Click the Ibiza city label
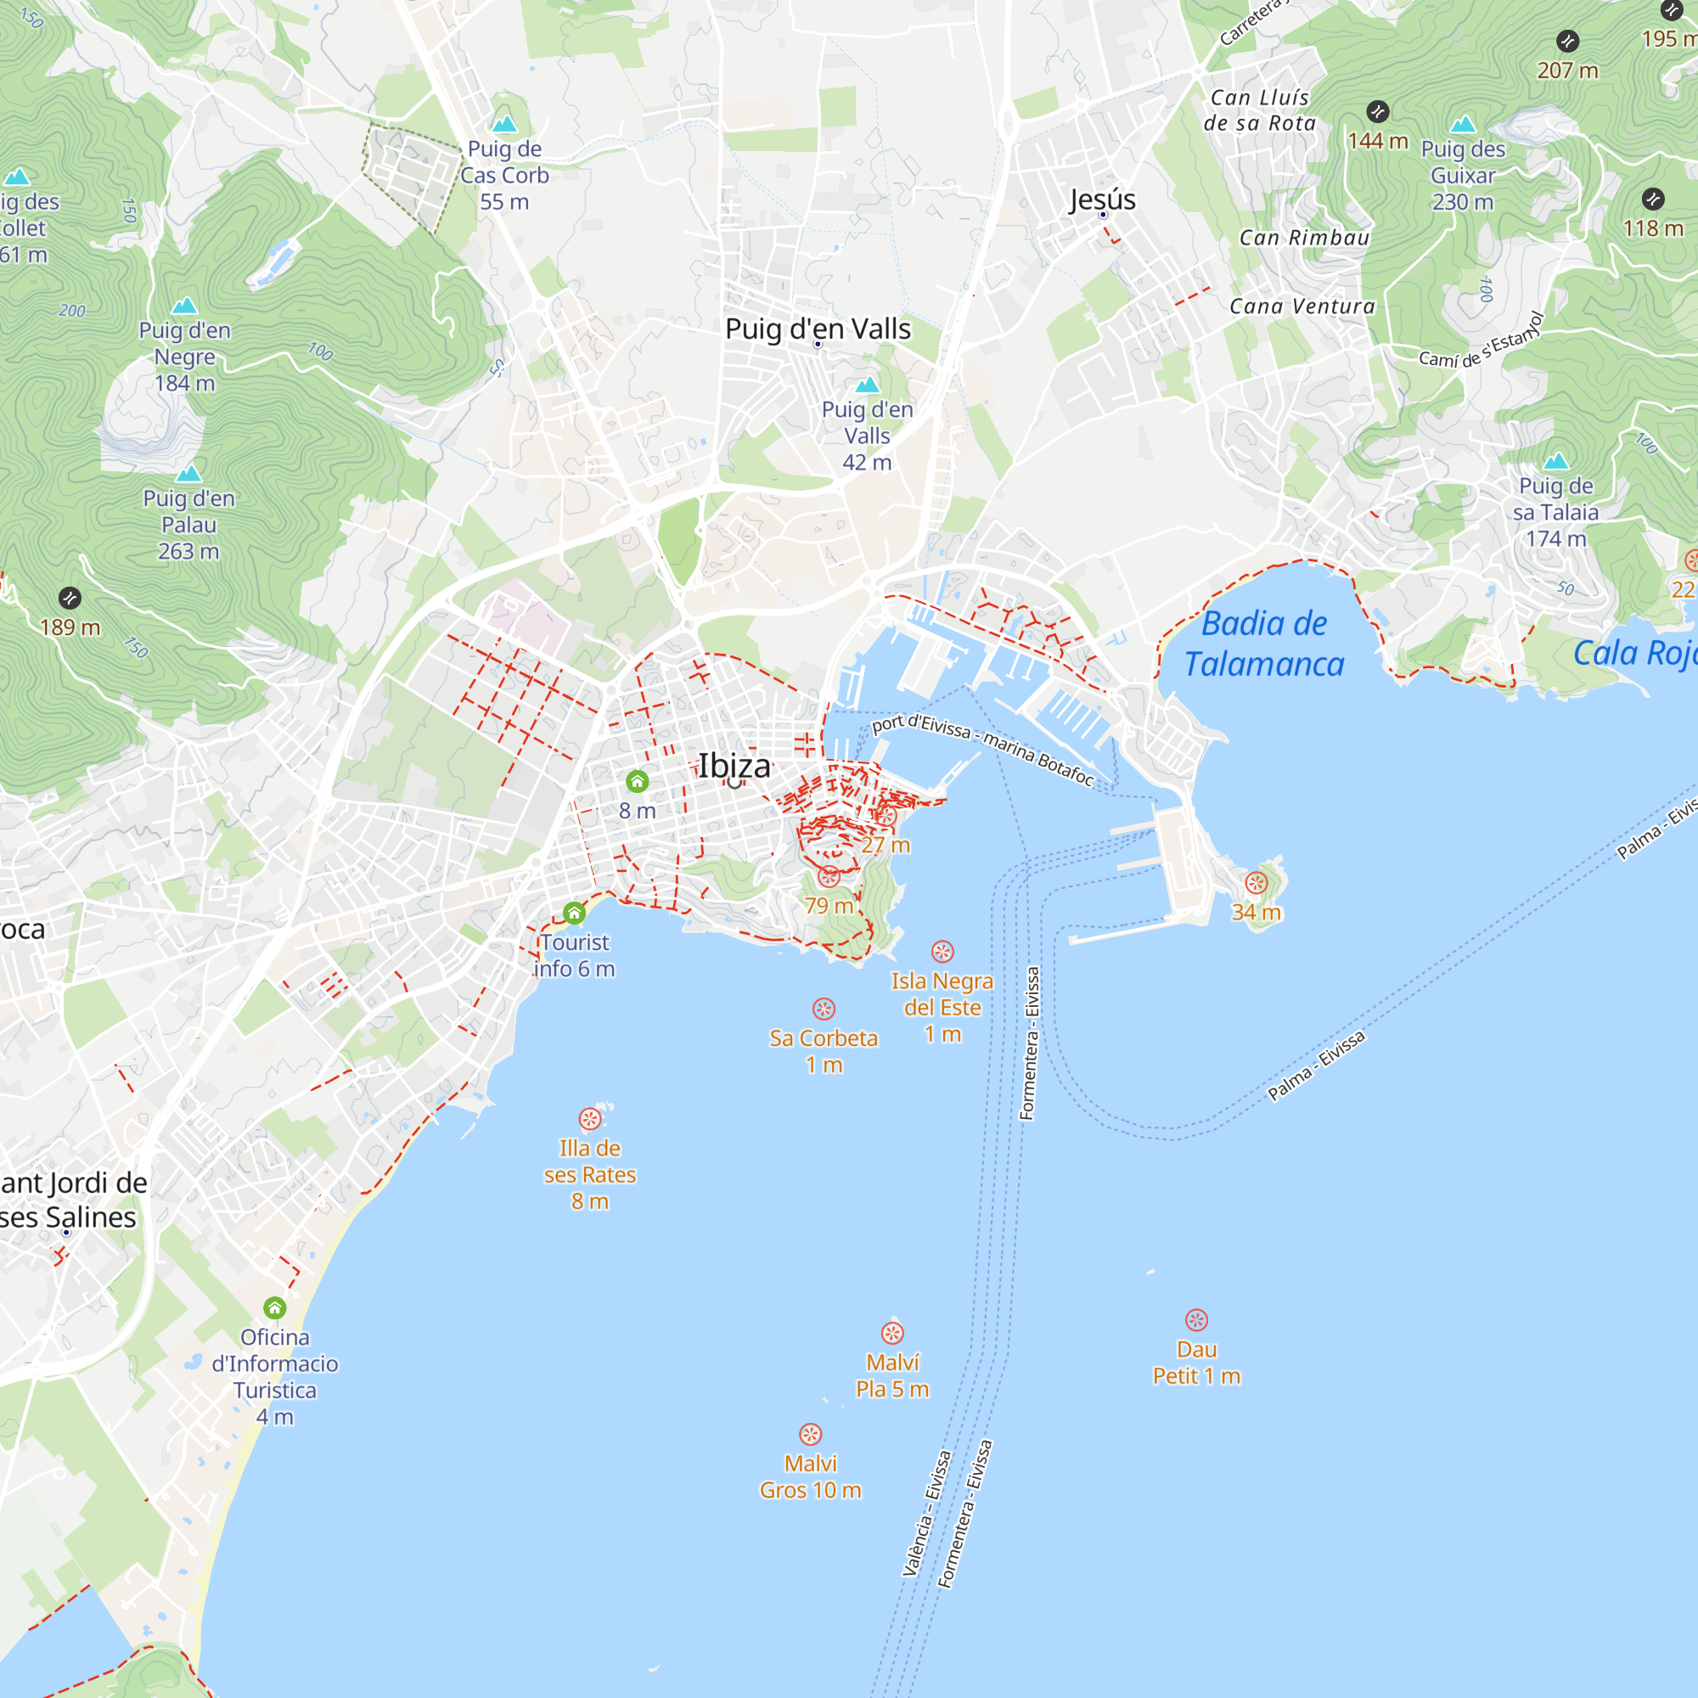pos(734,766)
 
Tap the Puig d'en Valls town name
pos(818,329)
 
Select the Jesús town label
pos(1102,200)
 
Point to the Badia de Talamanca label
pos(1264,644)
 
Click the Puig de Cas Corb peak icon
pos(504,123)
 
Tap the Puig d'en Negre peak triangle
pos(184,305)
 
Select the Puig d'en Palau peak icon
pos(189,474)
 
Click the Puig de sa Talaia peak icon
pos(1555,460)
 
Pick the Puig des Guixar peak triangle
pos(1463,124)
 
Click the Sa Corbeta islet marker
pos(824,1008)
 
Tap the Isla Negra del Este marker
pos(942,951)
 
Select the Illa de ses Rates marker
pos(590,1118)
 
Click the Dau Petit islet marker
pos(1196,1319)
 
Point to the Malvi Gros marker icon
pos(810,1433)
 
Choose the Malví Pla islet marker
pos(892,1332)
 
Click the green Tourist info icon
pos(574,914)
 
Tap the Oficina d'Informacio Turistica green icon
pos(275,1307)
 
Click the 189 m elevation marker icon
pos(70,599)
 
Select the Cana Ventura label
pos(1302,306)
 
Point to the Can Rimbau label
pos(1303,238)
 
